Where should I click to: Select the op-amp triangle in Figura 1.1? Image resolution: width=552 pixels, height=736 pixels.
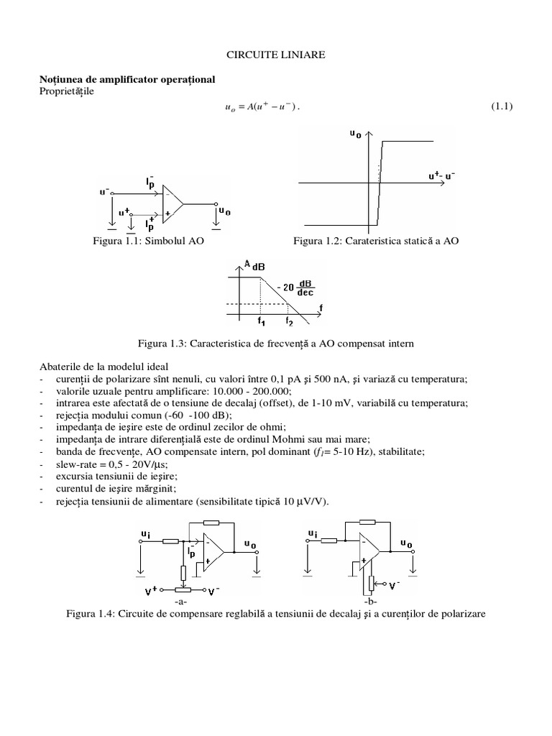coord(172,203)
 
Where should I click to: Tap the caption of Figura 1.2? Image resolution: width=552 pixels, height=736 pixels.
coord(375,241)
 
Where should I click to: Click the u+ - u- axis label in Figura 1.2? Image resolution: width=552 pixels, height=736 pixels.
coord(442,175)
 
